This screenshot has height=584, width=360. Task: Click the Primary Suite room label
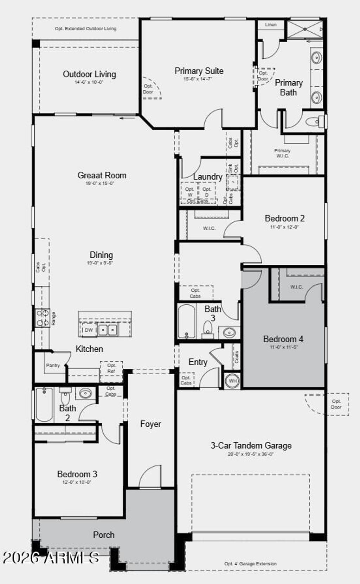[199, 71]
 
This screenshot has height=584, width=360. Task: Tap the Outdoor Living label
[89, 74]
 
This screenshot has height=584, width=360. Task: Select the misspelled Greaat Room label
[102, 175]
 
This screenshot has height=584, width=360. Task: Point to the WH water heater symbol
[233, 381]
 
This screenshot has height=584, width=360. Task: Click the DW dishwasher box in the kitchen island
[89, 330]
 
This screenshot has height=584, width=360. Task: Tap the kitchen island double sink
[108, 330]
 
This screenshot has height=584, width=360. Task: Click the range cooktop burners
[42, 318]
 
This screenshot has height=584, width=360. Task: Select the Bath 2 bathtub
[44, 405]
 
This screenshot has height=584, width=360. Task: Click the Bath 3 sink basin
[229, 332]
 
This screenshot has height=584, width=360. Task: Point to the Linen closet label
[271, 25]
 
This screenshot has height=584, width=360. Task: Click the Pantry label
[53, 366]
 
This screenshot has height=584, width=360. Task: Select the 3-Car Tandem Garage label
[251, 446]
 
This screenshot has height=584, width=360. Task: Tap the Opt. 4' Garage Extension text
[250, 564]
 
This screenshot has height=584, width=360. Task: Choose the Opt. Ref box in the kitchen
[111, 368]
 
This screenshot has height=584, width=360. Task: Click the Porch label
[104, 535]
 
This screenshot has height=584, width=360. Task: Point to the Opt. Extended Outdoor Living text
[85, 28]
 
